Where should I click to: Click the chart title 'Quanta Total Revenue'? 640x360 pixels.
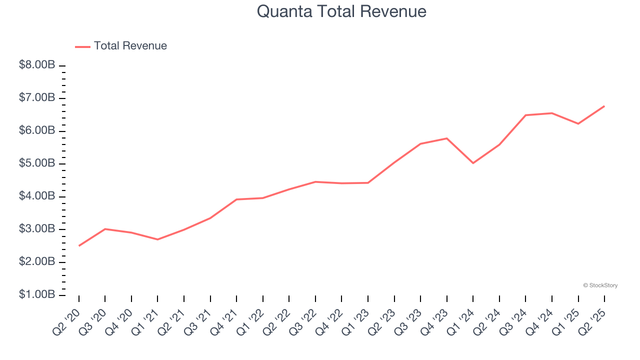tap(341, 11)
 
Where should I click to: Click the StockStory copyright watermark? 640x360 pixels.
tap(600, 285)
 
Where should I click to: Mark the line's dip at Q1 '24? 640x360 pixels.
tap(473, 163)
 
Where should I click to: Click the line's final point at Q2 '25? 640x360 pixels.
tap(604, 106)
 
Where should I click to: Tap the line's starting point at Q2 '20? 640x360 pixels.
tap(79, 245)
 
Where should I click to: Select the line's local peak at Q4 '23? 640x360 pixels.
tap(446, 138)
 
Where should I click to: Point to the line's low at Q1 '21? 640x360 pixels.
tap(157, 239)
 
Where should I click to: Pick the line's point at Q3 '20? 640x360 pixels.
tap(105, 229)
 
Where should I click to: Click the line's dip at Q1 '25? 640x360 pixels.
tap(578, 123)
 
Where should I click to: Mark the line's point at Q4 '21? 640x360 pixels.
tap(236, 199)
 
